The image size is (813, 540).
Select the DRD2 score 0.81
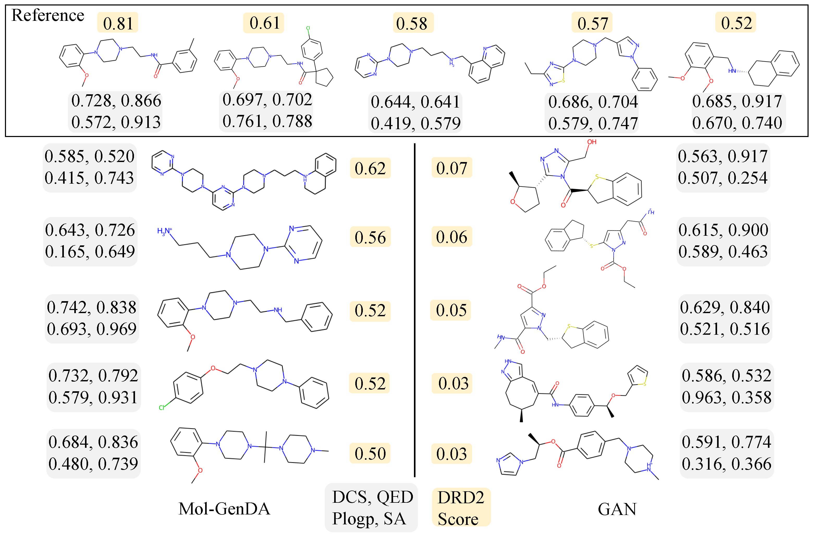tap(118, 23)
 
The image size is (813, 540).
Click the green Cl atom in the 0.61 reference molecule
tap(308, 28)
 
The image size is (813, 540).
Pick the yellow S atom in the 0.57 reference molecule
tap(563, 80)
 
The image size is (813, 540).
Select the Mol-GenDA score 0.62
tap(370, 168)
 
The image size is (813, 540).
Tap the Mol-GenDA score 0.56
tap(370, 237)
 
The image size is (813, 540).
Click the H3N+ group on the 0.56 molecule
tap(164, 231)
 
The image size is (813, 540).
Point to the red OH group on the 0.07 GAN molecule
tap(592, 142)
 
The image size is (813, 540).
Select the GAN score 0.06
tap(451, 237)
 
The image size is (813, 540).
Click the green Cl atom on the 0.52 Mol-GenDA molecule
tap(162, 408)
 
